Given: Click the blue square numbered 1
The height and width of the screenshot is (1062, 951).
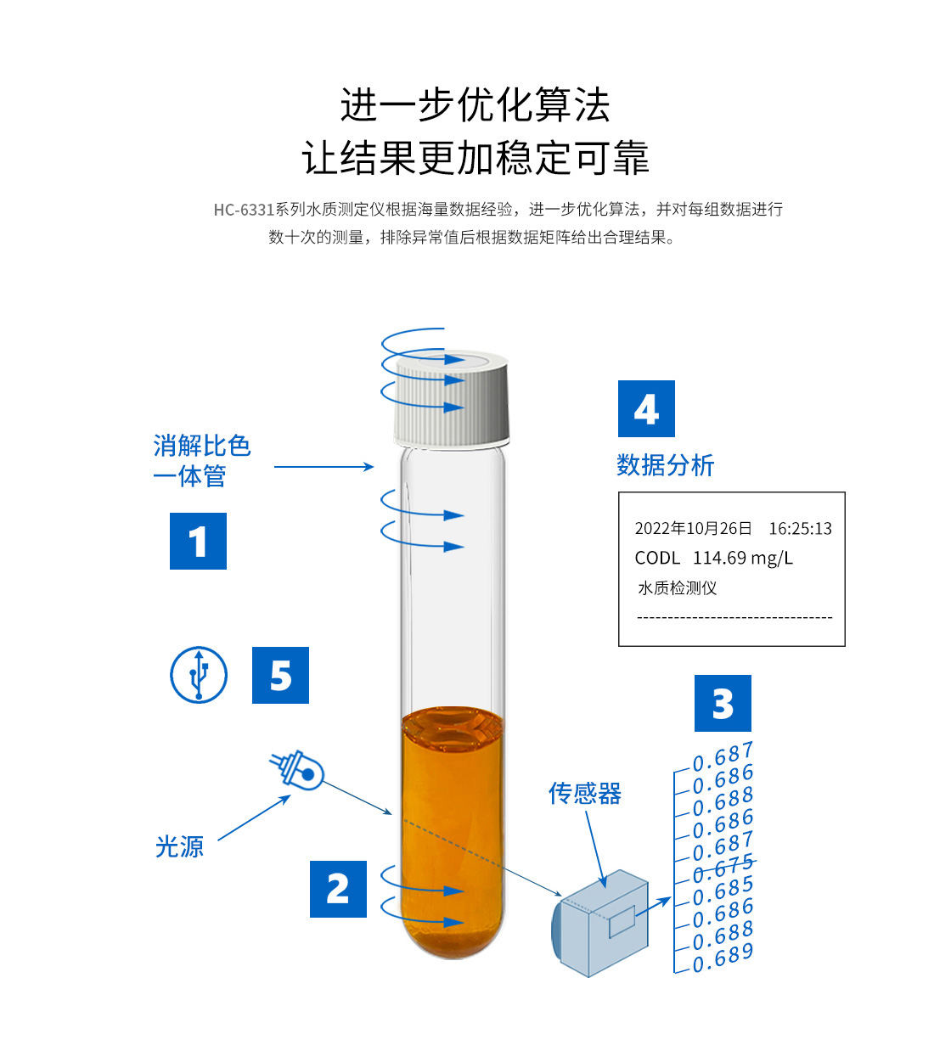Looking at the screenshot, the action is tap(198, 541).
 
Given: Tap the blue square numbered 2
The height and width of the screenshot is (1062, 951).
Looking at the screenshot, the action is tap(338, 889).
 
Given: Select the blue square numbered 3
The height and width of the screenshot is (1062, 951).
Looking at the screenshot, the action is tap(723, 704).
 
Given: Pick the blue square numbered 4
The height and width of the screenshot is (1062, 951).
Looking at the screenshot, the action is tap(646, 409).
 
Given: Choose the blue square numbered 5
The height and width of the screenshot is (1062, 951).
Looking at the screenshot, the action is tap(280, 675).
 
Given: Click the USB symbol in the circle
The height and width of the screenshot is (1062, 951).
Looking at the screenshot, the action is tap(199, 675).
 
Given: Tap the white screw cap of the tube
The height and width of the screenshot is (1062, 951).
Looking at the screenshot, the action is tap(452, 400).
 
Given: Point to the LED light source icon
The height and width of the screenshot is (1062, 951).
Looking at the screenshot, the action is tap(297, 770).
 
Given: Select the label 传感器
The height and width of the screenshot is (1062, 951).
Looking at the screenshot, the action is tap(585, 794).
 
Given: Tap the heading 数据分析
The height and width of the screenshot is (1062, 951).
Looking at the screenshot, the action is tap(666, 465).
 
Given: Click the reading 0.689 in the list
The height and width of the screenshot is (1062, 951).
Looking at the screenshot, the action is tap(723, 959).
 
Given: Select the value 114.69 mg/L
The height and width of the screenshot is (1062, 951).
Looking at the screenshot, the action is tap(743, 559).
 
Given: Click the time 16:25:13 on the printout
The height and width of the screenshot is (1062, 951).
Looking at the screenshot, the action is tap(800, 528).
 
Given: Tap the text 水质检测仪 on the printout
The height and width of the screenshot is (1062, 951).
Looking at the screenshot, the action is tap(678, 588).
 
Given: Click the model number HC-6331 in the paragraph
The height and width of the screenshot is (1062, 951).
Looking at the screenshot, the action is tap(244, 210).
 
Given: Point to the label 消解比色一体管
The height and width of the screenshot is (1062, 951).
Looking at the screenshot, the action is tap(202, 461).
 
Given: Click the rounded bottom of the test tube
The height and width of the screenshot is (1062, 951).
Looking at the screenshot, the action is tap(453, 938).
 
